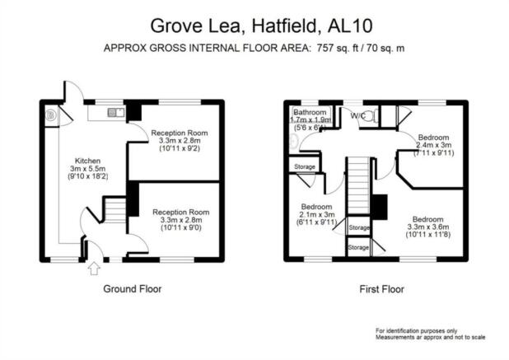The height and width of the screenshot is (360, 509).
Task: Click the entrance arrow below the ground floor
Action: click(x=94, y=269)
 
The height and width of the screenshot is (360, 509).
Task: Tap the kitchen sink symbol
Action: click(x=116, y=112)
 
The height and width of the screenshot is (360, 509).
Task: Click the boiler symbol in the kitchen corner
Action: click(x=50, y=115)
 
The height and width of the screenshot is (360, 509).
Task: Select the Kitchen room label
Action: click(x=87, y=161)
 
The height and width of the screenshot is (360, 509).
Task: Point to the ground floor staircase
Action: click(x=114, y=210)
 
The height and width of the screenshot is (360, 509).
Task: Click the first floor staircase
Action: click(x=358, y=185)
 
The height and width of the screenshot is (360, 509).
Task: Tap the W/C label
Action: click(x=357, y=115)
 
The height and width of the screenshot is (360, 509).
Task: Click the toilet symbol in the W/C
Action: click(x=371, y=116)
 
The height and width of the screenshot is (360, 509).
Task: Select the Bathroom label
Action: click(x=310, y=112)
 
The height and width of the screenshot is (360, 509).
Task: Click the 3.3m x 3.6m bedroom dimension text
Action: click(x=428, y=227)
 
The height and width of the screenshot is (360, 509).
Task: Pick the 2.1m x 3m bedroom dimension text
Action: click(x=316, y=214)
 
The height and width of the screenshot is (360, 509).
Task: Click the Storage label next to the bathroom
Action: click(x=305, y=166)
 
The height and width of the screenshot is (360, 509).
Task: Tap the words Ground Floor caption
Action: click(x=133, y=289)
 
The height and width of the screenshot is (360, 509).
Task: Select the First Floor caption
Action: click(x=382, y=289)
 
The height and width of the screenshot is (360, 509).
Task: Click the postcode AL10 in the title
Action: click(x=350, y=26)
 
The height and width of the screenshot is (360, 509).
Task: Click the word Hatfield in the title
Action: click(x=285, y=26)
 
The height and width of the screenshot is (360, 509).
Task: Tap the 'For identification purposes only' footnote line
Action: click(x=417, y=331)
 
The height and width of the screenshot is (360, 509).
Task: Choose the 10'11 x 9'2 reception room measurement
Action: click(x=180, y=148)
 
